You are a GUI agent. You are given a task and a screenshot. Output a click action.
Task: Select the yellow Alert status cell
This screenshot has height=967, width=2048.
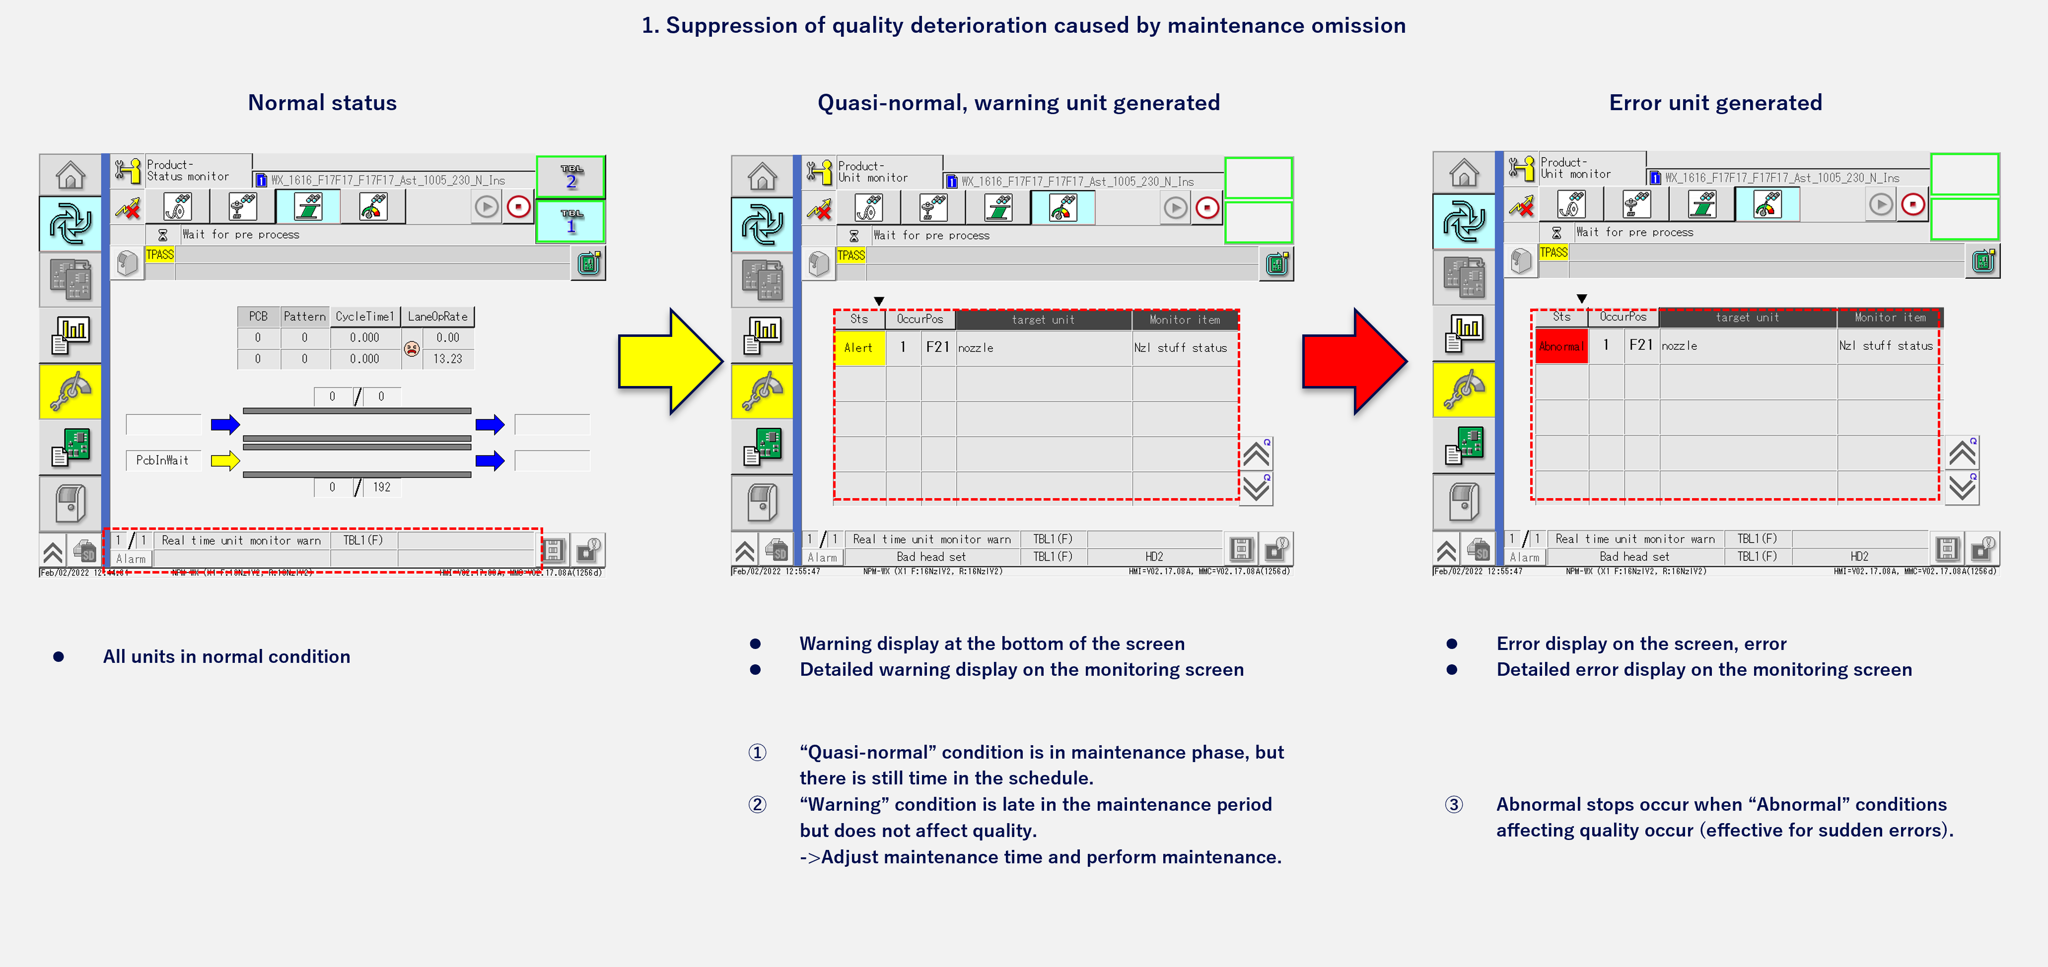point(858,348)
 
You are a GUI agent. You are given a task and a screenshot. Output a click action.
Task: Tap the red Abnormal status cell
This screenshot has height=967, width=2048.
point(1560,346)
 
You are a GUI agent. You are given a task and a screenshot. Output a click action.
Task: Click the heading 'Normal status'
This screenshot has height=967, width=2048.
point(322,103)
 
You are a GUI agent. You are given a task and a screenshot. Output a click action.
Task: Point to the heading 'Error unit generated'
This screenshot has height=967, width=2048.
point(1715,103)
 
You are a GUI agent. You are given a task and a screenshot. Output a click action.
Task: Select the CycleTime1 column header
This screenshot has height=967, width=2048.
point(364,316)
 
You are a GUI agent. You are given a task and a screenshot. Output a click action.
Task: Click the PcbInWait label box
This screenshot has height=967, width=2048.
point(162,460)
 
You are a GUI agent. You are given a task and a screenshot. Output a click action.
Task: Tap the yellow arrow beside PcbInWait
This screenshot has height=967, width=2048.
point(225,460)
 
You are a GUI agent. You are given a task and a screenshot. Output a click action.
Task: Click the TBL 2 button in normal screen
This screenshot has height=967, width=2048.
point(571,177)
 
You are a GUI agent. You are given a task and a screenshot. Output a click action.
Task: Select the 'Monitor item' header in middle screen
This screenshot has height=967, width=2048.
point(1185,320)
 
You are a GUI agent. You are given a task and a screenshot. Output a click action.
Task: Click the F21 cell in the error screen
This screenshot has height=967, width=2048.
point(1640,345)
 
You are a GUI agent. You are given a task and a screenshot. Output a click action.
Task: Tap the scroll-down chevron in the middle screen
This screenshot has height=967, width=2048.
point(1256,488)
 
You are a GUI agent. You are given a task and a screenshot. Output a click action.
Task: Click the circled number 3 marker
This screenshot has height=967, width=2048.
point(1453,804)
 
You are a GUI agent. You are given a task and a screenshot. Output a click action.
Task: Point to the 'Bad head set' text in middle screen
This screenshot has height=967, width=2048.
point(931,557)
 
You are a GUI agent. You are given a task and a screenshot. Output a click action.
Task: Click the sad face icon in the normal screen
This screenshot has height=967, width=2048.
point(412,348)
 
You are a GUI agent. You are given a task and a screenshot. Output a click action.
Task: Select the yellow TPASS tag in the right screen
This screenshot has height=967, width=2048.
point(1554,253)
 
